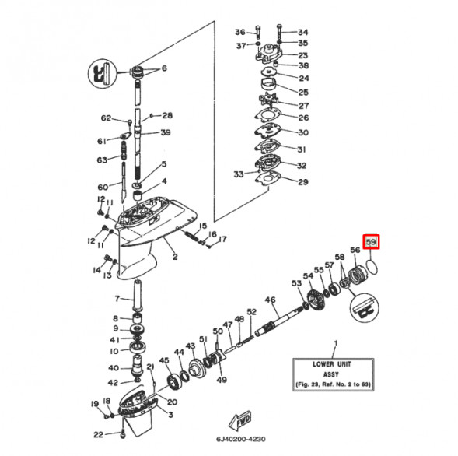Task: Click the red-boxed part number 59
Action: click(x=372, y=244)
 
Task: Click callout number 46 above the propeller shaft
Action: click(x=271, y=300)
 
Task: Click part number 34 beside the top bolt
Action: click(x=303, y=32)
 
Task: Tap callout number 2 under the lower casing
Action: click(x=175, y=257)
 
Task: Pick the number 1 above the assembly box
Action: click(x=335, y=343)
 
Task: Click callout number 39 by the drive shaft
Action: click(x=165, y=132)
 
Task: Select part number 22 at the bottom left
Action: click(x=98, y=434)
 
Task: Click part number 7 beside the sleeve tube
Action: click(x=117, y=298)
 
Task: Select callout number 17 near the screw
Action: click(x=222, y=239)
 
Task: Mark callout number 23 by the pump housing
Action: click(x=303, y=55)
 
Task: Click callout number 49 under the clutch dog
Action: click(x=222, y=380)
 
